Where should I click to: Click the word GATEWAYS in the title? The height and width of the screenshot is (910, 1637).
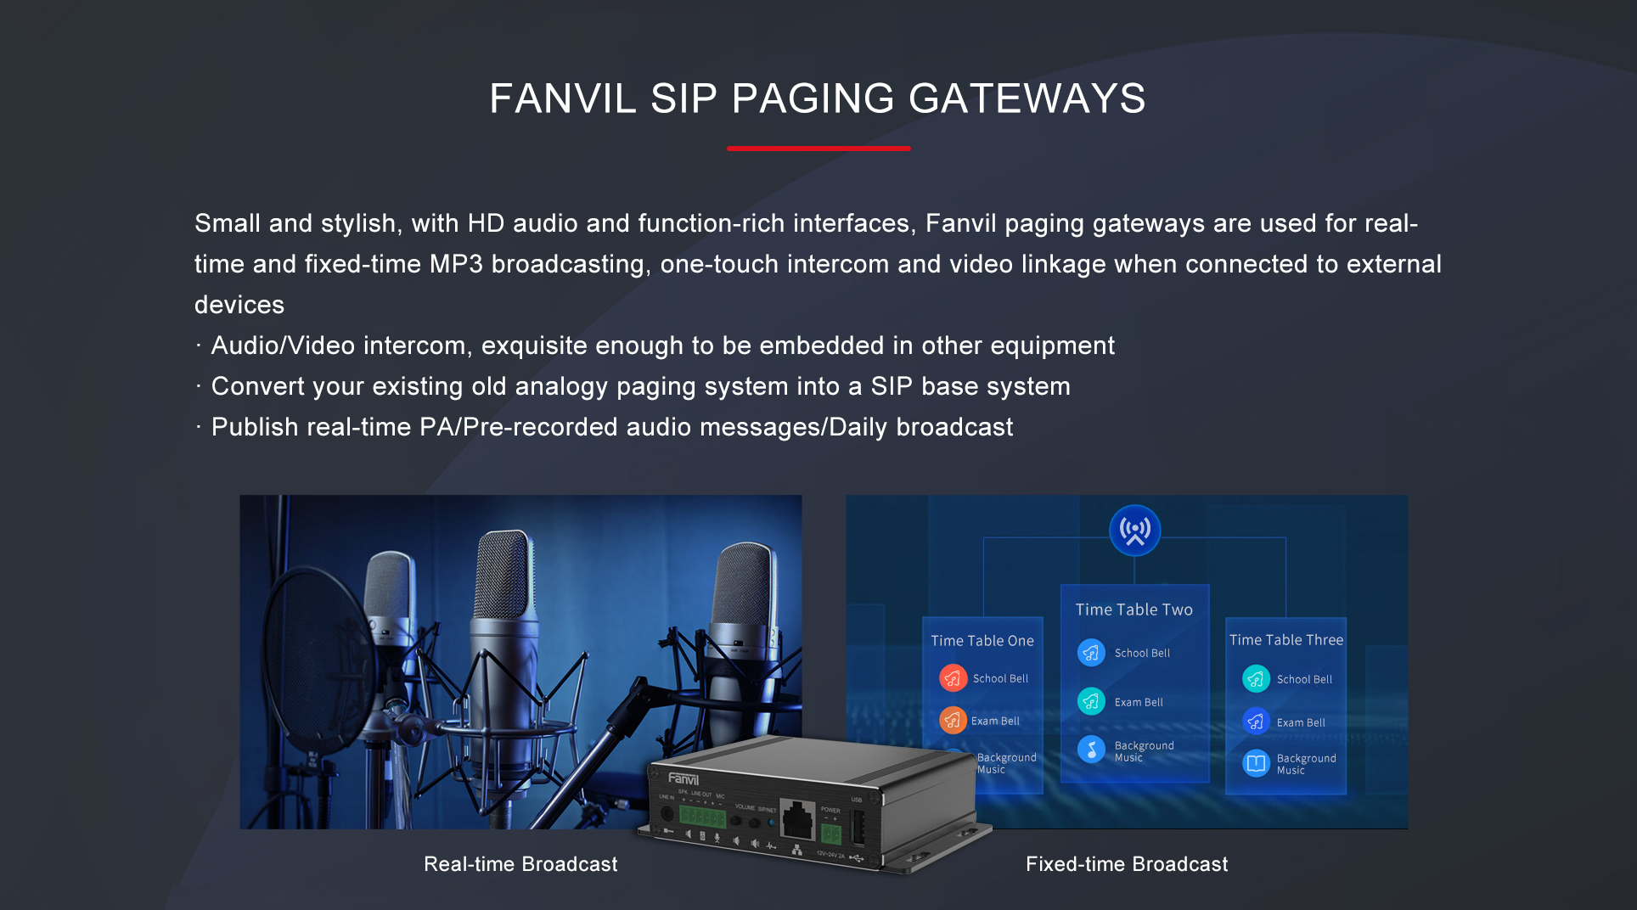click(x=1027, y=98)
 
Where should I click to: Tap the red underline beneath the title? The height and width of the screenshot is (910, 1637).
click(x=818, y=149)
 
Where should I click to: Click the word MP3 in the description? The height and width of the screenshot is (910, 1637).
click(x=456, y=264)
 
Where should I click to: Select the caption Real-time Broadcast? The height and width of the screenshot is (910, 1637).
click(x=520, y=864)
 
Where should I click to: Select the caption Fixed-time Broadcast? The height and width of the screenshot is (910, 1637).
click(x=1127, y=864)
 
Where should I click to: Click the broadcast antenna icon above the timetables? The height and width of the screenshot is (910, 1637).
click(x=1134, y=531)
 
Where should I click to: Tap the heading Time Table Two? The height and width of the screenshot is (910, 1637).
click(x=1134, y=609)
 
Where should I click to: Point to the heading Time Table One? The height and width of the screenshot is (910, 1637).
click(x=982, y=641)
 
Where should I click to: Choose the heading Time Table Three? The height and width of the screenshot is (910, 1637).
click(x=1285, y=640)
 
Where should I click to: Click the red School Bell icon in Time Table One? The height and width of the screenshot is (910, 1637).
click(x=953, y=678)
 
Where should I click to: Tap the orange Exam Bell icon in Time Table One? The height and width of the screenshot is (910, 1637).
click(x=953, y=721)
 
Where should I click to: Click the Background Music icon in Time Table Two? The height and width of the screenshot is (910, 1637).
click(x=1091, y=750)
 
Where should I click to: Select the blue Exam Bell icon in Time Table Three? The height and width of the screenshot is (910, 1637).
click(x=1256, y=722)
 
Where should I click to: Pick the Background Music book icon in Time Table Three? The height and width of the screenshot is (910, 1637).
click(x=1256, y=763)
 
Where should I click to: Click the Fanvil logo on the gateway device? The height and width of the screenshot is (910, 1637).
click(x=683, y=778)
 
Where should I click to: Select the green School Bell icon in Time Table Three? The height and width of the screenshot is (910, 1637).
click(x=1256, y=678)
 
